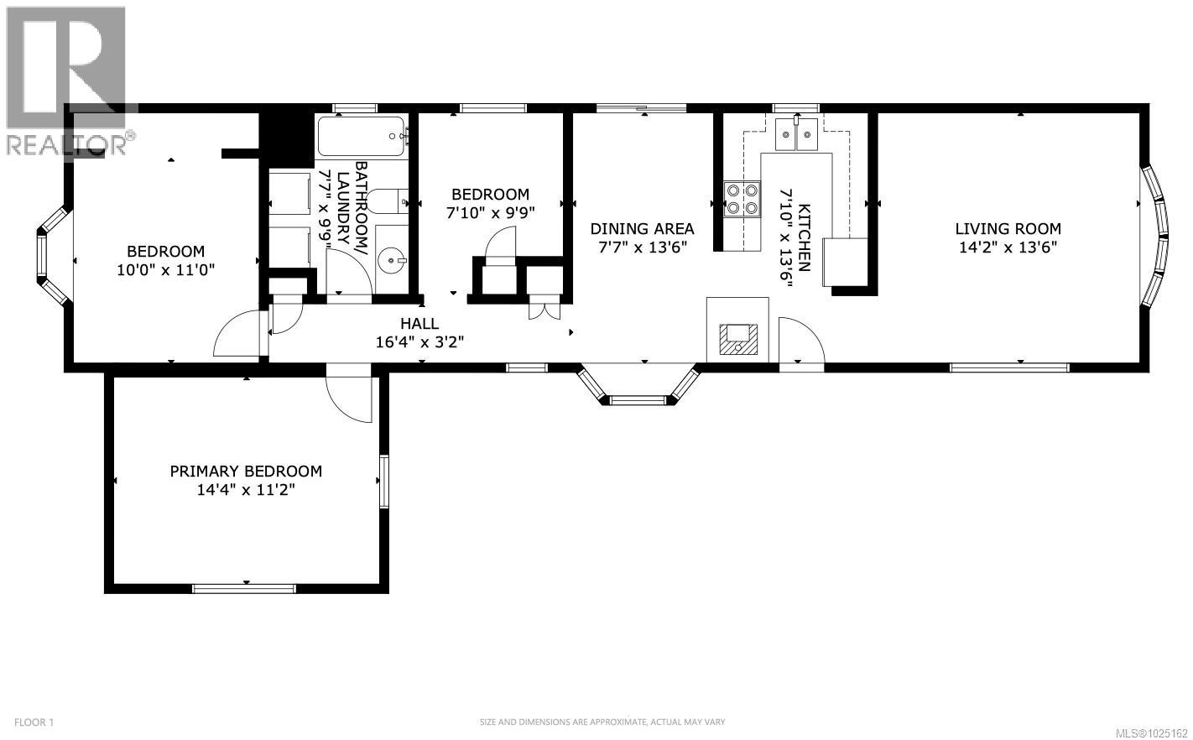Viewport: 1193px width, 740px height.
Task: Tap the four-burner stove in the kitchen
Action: [742, 199]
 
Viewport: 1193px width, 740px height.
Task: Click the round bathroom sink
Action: [391, 261]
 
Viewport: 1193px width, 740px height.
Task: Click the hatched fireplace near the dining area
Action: [737, 337]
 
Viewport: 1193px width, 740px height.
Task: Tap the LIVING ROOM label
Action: [1008, 228]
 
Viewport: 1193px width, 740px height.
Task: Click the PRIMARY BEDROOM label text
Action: [246, 472]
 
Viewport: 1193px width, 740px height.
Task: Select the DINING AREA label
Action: [642, 228]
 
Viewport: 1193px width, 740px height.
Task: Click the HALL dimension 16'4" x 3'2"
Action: [419, 341]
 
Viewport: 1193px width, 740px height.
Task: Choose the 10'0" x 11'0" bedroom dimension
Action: [165, 269]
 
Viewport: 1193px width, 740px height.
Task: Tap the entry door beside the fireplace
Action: [800, 341]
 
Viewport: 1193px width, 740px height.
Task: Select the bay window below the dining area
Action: [638, 388]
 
